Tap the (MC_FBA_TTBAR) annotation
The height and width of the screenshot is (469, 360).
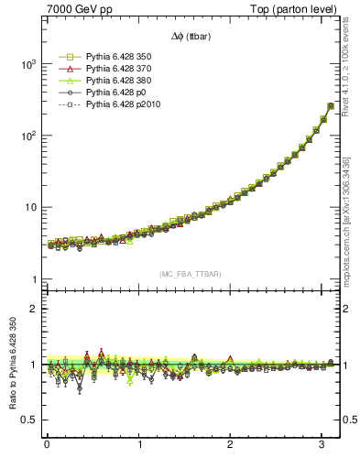[191, 274]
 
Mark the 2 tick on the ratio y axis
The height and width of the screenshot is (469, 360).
[31, 309]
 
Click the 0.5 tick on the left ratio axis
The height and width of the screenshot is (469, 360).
[27, 420]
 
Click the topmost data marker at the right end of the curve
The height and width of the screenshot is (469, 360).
[331, 105]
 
